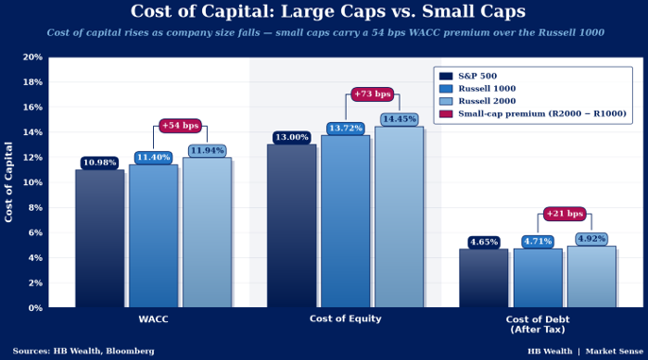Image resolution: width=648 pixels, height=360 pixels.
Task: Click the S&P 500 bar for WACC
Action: pyautogui.click(x=99, y=238)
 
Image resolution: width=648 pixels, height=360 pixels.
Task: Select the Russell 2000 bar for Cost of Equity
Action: pyautogui.click(x=400, y=217)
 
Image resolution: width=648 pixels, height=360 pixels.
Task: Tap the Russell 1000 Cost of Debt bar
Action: pyautogui.click(x=537, y=278)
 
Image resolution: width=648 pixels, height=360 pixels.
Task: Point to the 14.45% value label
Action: pyautogui.click(x=400, y=119)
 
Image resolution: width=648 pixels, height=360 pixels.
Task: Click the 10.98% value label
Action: pyautogui.click(x=99, y=163)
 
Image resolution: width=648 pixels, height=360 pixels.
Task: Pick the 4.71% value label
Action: pyautogui.click(x=537, y=242)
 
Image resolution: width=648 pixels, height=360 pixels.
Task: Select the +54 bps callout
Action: pyautogui.click(x=180, y=126)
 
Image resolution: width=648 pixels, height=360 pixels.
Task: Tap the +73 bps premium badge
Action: pyautogui.click(x=372, y=94)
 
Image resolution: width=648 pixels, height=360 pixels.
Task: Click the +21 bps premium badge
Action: pyautogui.click(x=565, y=214)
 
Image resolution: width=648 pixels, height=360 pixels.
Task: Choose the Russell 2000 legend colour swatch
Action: pyautogui.click(x=446, y=101)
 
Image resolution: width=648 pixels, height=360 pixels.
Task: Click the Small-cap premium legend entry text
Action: pyautogui.click(x=542, y=113)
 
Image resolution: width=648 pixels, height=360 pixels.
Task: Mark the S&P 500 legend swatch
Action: pyautogui.click(x=446, y=76)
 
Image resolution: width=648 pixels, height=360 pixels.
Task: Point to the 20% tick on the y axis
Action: pyautogui.click(x=33, y=57)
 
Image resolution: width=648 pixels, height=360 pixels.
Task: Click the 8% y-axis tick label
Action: pyautogui.click(x=35, y=208)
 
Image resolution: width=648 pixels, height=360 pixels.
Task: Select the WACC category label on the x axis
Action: pyautogui.click(x=153, y=319)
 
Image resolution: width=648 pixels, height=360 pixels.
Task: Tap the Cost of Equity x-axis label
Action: pyautogui.click(x=346, y=318)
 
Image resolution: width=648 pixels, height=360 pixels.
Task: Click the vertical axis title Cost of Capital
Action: pyautogui.click(x=9, y=181)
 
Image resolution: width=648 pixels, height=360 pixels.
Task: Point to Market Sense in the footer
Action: pyautogui.click(x=614, y=351)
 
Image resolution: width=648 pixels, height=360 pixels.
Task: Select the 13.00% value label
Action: pyautogui.click(x=292, y=138)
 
